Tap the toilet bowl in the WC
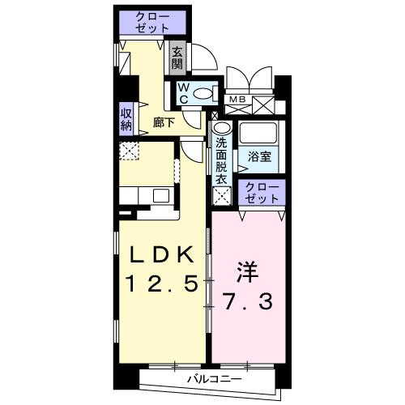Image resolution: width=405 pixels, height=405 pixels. pyautogui.click(x=207, y=92)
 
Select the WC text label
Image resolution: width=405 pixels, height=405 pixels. pyautogui.click(x=184, y=92)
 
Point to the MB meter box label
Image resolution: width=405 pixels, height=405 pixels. pyautogui.click(x=237, y=100)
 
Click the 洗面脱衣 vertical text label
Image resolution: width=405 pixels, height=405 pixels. pyautogui.click(x=221, y=160)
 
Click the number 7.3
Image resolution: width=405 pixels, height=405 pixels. pyautogui.click(x=249, y=302)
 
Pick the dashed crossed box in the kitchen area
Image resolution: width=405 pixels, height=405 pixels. pyautogui.click(x=130, y=151)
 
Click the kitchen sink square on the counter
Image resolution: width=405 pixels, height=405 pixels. pyautogui.click(x=160, y=195)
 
